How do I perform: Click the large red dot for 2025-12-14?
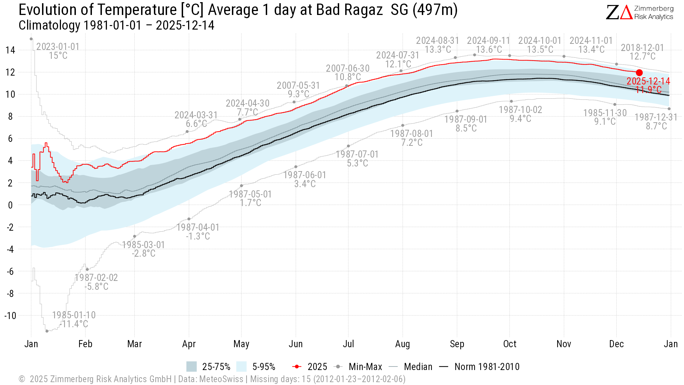coord(639,73)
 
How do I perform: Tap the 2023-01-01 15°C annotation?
coord(58,51)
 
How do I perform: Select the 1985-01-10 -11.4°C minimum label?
coord(74,319)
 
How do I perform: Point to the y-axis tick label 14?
coord(10,50)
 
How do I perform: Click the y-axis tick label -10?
coord(10,315)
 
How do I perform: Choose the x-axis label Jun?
coord(296,344)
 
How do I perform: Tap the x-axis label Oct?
coord(510,344)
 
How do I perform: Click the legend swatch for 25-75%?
coord(191,366)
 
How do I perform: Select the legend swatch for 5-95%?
coord(241,366)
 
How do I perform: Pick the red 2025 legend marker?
coord(297,366)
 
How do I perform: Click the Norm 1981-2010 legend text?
coord(487,366)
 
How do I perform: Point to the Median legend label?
coord(418,366)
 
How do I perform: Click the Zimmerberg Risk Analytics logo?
coord(639,12)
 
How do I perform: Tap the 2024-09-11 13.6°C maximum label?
coord(489,45)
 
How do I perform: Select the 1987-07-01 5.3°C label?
coord(357,159)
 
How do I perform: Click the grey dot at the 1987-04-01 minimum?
coord(189,219)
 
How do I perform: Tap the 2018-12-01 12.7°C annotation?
coord(642,52)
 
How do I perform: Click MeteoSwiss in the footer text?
coord(221,379)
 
